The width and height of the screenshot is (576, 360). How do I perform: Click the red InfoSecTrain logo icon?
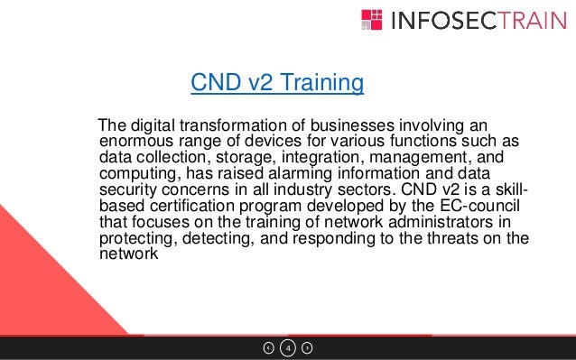coord(372,20)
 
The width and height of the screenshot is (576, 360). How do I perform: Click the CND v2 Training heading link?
coord(276,85)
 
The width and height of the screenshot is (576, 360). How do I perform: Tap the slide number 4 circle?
coord(288,347)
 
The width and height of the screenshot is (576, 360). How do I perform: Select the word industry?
coord(315,190)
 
